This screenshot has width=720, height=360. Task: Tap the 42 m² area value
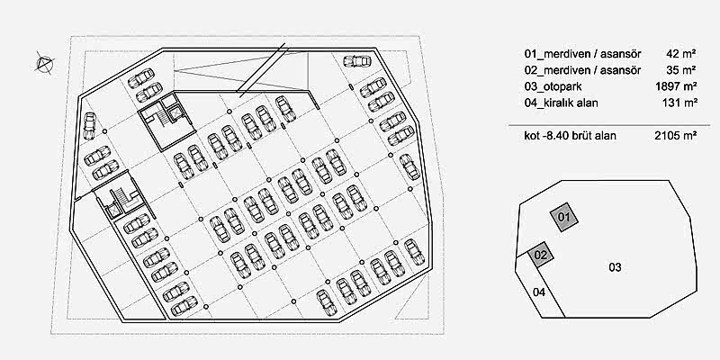pos(681,54)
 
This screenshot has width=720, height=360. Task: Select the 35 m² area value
pos(681,70)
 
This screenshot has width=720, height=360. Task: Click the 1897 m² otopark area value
pos(677,86)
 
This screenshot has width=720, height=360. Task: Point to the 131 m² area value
pos(679,103)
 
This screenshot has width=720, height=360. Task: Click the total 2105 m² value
pos(676,136)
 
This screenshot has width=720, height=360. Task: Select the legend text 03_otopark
pos(553,86)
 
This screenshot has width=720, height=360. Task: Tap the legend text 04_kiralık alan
pos(561,103)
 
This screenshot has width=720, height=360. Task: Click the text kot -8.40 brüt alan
pos(571,136)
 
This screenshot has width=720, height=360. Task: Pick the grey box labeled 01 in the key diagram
pos(564,217)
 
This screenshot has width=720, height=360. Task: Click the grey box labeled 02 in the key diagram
pos(541,255)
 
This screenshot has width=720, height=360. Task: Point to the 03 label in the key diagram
pos(615,267)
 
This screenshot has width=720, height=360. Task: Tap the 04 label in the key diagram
pos(538,292)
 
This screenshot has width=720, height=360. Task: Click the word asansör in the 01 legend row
pos(619,54)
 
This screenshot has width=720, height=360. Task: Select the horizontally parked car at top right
pos(356,60)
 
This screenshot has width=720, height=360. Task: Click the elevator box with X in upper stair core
pos(175,113)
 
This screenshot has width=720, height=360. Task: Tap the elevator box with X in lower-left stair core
pos(113,211)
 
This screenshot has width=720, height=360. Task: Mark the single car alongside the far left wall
pos(89,127)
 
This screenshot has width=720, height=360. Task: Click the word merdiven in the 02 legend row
pos(563,70)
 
